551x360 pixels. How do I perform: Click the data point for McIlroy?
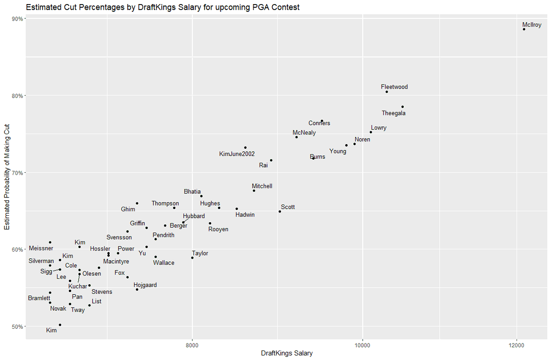point(524,29)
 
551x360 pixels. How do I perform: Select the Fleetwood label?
point(394,87)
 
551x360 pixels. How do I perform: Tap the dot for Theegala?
point(402,107)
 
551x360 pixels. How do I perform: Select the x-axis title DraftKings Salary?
point(287,354)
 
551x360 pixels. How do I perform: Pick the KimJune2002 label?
point(237,154)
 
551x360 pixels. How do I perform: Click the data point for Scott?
point(280,211)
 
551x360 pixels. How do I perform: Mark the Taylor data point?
point(192,258)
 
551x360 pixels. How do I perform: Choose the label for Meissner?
point(41,248)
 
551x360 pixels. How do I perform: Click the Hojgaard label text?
point(145,285)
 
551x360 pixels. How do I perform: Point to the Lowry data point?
point(371,132)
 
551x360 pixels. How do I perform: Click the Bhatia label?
point(192,191)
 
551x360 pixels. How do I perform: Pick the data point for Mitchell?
point(254,191)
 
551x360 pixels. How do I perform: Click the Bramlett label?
point(39,298)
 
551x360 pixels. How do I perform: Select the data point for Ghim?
point(137,203)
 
